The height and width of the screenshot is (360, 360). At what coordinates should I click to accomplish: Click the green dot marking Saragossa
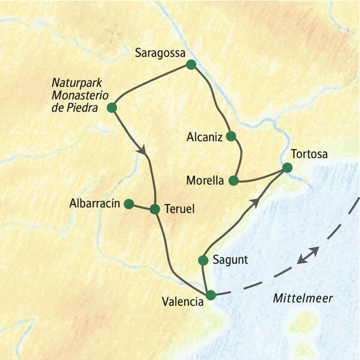tap(191, 64)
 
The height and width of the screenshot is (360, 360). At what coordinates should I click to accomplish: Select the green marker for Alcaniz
tap(231, 136)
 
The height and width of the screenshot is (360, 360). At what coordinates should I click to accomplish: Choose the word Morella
tap(205, 180)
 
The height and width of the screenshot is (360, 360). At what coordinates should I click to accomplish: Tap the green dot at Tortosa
tap(287, 169)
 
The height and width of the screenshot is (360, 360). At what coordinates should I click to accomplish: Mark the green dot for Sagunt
tap(203, 260)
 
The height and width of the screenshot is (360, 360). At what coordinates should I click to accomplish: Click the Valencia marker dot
tap(210, 295)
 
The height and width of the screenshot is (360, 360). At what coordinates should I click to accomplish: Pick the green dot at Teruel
tap(155, 209)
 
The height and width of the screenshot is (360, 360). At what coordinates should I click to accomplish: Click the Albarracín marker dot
tap(128, 204)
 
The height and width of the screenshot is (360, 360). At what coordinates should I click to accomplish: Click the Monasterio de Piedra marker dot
tap(111, 108)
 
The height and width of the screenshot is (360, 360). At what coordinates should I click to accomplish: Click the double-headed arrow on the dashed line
tap(308, 255)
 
